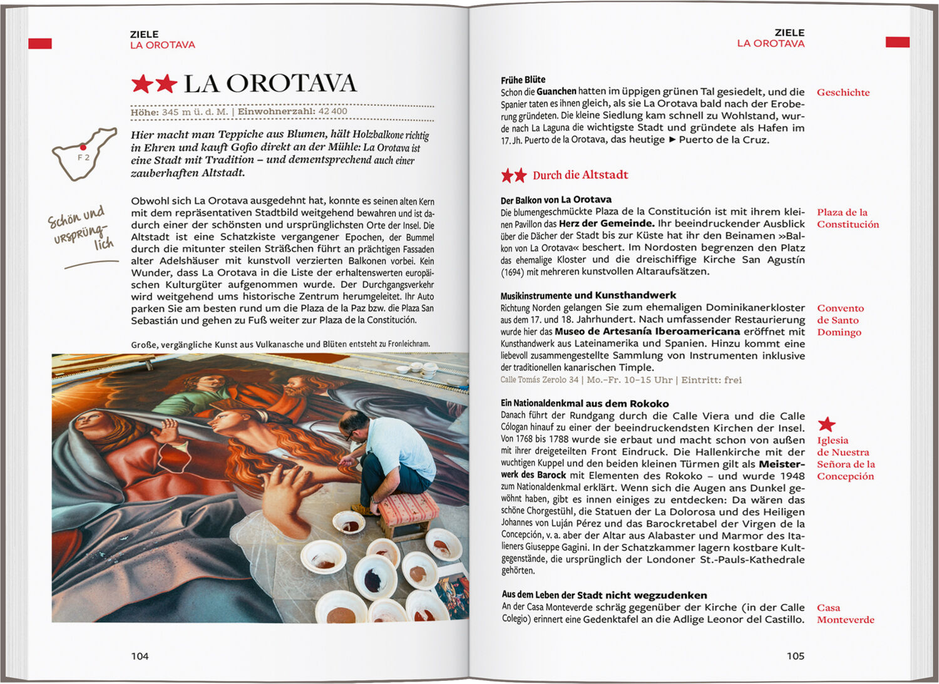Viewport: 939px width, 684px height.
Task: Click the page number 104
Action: click(140, 656)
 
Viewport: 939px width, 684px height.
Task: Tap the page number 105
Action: click(795, 656)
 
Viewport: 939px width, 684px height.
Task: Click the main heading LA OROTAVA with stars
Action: click(244, 83)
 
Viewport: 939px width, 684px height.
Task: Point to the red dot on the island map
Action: click(83, 148)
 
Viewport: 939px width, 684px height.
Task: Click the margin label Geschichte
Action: click(843, 93)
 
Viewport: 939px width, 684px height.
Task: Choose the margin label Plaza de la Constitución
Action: click(848, 218)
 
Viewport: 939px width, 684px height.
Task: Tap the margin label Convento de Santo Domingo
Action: click(840, 320)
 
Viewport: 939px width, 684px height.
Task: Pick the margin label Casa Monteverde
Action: click(845, 613)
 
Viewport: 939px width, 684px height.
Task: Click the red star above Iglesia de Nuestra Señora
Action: click(826, 424)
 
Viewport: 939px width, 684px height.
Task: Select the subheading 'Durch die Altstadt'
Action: click(580, 175)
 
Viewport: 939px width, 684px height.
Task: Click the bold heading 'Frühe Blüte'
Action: click(523, 79)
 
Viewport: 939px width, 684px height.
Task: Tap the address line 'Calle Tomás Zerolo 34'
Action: click(539, 380)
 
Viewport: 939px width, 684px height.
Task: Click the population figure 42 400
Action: click(332, 111)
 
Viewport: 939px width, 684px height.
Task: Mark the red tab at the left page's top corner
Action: click(40, 43)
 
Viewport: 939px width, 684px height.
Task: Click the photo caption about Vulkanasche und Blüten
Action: click(280, 344)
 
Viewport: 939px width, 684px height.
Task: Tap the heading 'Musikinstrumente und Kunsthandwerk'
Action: click(588, 295)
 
